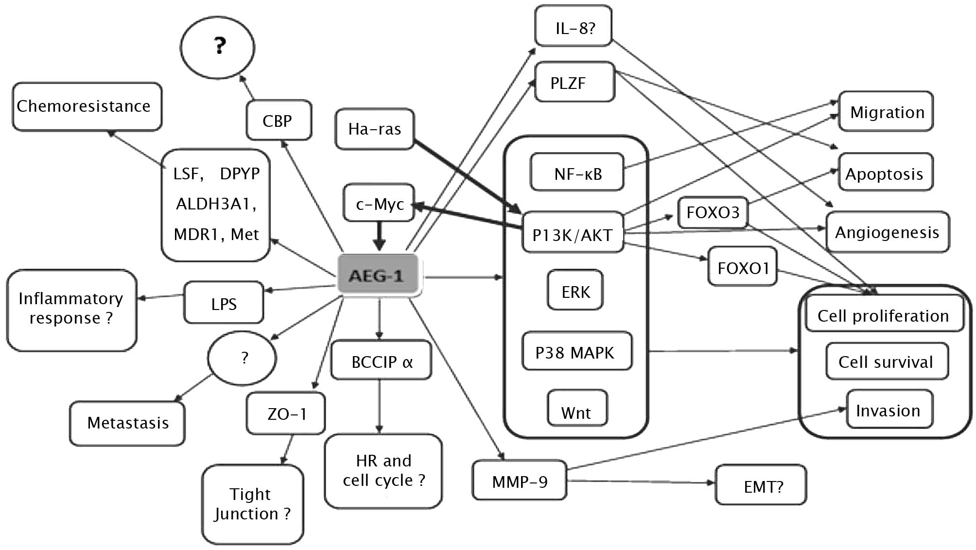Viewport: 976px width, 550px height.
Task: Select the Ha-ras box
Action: [374, 129]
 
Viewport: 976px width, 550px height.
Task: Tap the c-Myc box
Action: [379, 203]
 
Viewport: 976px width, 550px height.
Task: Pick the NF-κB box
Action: [577, 172]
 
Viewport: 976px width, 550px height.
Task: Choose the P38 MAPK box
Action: [576, 352]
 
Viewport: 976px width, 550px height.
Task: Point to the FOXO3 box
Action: [713, 212]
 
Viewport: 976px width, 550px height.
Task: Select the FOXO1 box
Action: [742, 267]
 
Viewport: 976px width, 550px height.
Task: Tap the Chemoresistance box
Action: [87, 106]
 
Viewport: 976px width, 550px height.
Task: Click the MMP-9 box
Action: [519, 481]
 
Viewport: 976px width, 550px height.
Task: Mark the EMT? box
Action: [761, 485]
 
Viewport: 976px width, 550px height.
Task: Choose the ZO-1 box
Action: [286, 413]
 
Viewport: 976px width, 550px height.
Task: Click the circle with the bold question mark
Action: [217, 47]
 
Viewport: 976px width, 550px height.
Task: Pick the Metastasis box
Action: [127, 423]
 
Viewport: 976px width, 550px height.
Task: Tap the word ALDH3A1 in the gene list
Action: [215, 204]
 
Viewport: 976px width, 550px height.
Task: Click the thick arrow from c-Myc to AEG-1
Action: [379, 236]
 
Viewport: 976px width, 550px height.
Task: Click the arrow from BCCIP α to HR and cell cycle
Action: [379, 406]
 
